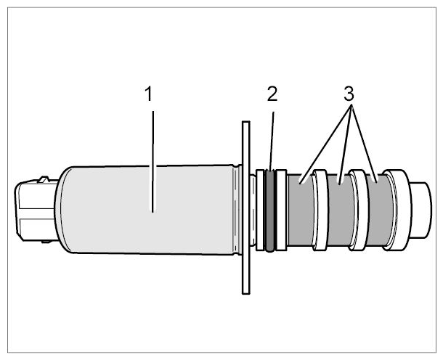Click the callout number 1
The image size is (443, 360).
coord(149,94)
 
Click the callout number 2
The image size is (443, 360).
coord(272,94)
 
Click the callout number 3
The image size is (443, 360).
coord(349,94)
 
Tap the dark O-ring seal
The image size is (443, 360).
coord(270,210)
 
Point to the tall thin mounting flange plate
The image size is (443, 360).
coord(246,208)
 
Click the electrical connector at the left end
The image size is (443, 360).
coord(36,210)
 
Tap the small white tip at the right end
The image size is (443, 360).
coord(421,210)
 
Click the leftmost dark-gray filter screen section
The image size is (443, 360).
coord(301,210)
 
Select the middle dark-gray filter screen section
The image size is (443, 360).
coord(339,210)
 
